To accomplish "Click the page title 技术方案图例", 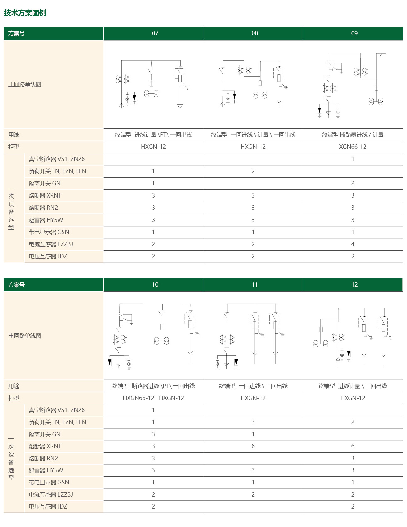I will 25,13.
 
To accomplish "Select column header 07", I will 155,33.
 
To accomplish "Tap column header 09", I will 354,33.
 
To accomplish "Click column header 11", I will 254,284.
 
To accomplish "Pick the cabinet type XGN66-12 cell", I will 353,147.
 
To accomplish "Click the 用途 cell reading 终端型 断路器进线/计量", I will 353,135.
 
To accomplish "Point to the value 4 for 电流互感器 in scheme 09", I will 353,244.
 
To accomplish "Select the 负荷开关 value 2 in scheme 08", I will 253,171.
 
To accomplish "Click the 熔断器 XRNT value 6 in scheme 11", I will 253,446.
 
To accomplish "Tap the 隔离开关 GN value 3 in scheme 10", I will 153,434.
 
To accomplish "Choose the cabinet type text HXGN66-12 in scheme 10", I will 138,398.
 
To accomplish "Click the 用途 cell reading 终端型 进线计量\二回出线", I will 353,386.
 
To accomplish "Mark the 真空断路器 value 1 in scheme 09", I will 353,159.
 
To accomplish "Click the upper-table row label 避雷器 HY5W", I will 46,220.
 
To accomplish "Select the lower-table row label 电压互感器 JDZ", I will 48,506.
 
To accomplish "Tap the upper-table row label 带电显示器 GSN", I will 49,232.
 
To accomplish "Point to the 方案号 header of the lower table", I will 17,285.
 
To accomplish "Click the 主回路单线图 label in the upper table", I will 25,84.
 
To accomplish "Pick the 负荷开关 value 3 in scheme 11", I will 253,422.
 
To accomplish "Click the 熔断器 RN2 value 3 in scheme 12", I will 353,458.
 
